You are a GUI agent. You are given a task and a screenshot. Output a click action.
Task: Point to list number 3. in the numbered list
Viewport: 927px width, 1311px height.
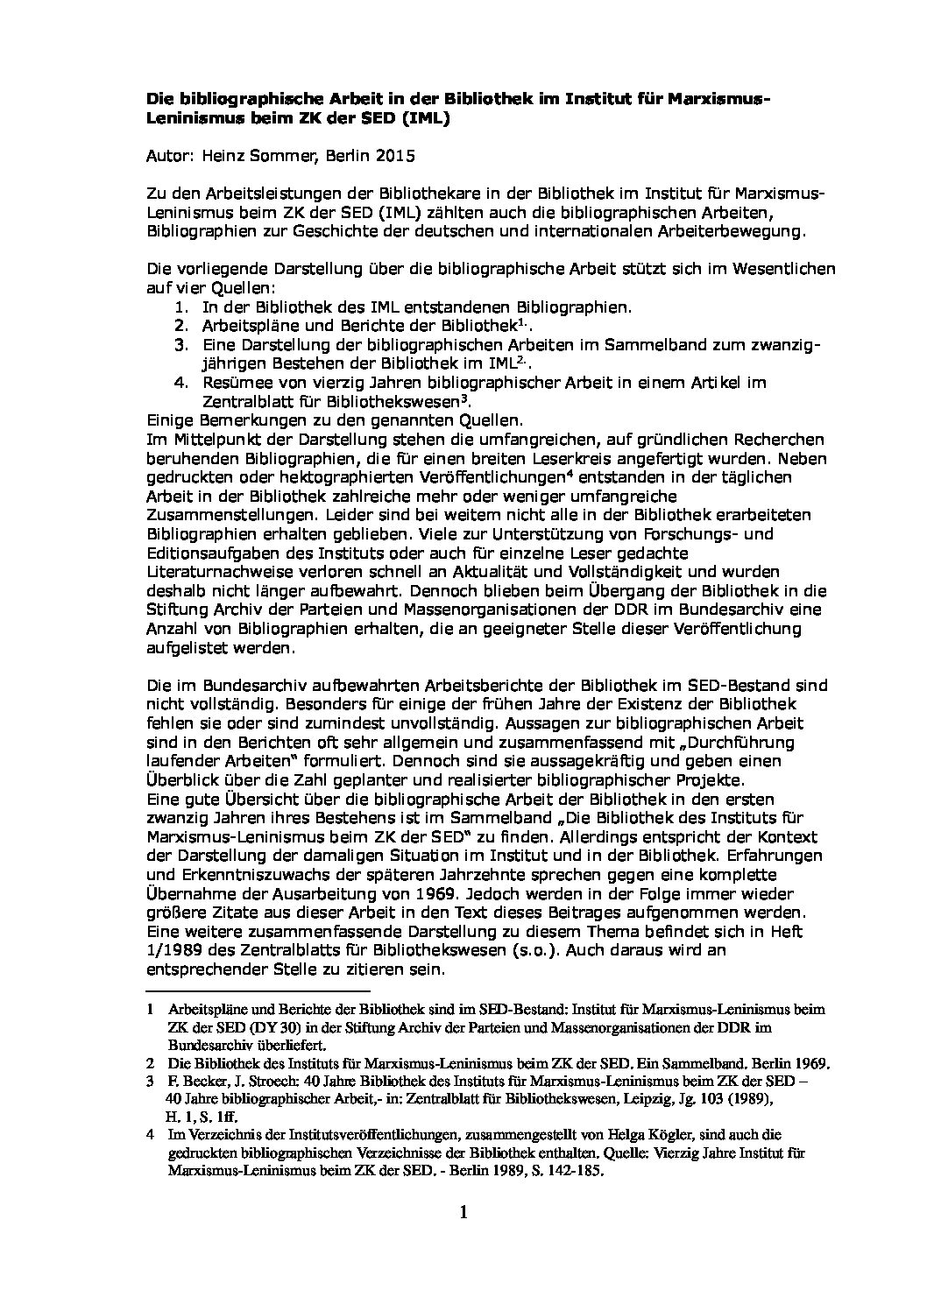pos(180,346)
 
